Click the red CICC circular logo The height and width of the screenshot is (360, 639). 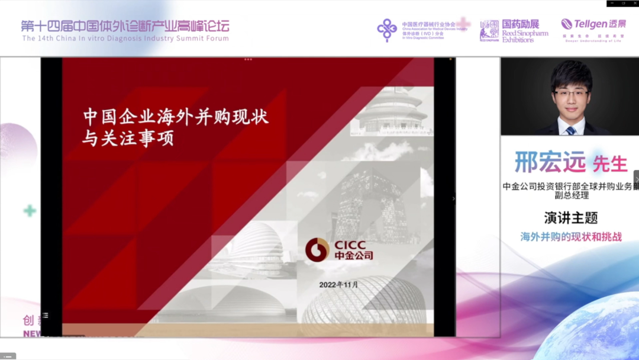[x=317, y=250]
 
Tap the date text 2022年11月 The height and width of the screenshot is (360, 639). [x=338, y=285]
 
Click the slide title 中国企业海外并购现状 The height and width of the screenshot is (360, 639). [x=176, y=117]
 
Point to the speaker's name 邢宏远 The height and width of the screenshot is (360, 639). [x=550, y=162]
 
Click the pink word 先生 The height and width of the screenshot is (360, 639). [x=609, y=163]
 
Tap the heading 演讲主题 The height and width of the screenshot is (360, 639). [x=571, y=217]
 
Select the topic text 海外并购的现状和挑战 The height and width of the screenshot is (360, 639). [x=571, y=237]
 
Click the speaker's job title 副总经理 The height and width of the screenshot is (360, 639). [x=570, y=195]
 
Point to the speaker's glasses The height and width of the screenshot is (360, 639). [x=571, y=94]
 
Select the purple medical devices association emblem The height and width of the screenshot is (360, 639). [x=388, y=30]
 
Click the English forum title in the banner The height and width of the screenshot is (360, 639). [x=125, y=38]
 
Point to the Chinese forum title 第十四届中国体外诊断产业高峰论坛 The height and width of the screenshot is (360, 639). [x=125, y=26]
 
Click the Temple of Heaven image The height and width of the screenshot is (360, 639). [x=392, y=112]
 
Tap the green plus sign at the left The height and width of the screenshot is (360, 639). [x=30, y=211]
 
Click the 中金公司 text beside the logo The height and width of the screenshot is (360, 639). [x=354, y=256]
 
